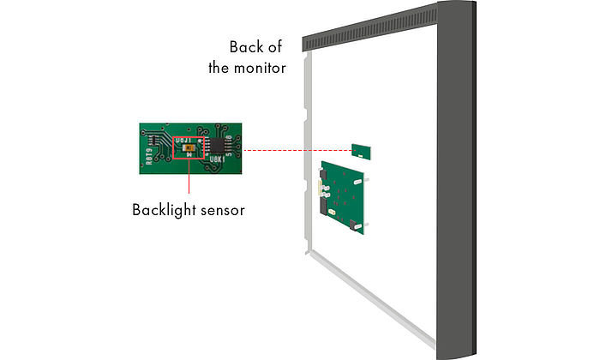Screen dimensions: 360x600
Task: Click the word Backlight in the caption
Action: click(163, 209)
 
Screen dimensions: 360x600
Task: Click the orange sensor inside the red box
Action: click(188, 147)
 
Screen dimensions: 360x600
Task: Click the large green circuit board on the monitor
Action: click(342, 195)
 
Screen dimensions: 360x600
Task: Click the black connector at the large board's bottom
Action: click(353, 225)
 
